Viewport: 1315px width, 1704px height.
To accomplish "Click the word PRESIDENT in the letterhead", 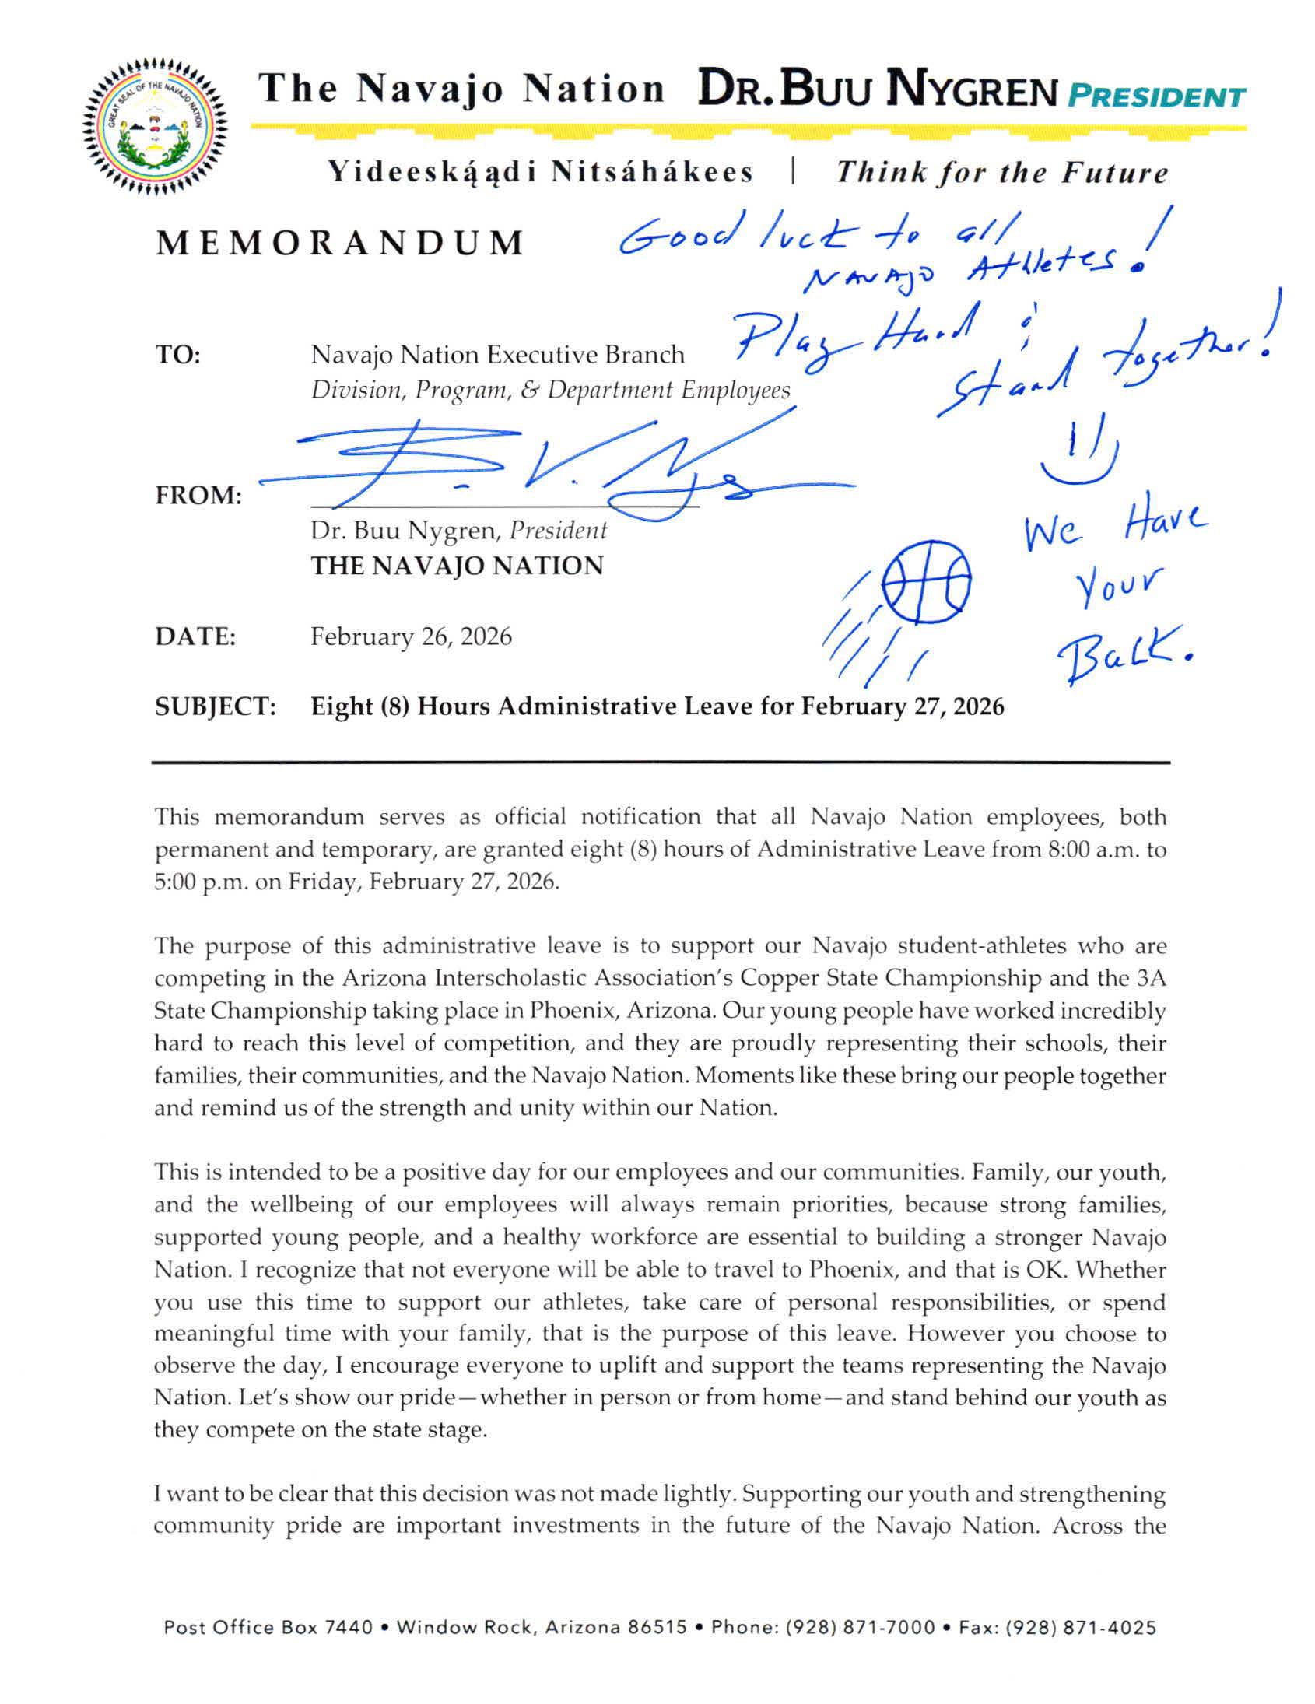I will pyautogui.click(x=1155, y=96).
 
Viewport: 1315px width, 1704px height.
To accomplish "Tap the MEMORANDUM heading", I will pyautogui.click(x=339, y=244).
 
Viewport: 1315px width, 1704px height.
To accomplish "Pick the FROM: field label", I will pyautogui.click(x=198, y=496).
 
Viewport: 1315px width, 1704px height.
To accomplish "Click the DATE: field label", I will pyautogui.click(x=195, y=636).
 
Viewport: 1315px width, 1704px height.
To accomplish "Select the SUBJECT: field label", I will pyautogui.click(x=216, y=706).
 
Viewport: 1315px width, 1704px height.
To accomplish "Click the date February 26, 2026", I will pyautogui.click(x=412, y=636).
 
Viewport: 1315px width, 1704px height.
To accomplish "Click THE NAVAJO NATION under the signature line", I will pyautogui.click(x=458, y=566).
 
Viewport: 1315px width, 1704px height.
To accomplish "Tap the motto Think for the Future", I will pyautogui.click(x=1002, y=173).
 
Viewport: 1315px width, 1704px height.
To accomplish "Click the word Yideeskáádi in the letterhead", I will pyautogui.click(x=432, y=173).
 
